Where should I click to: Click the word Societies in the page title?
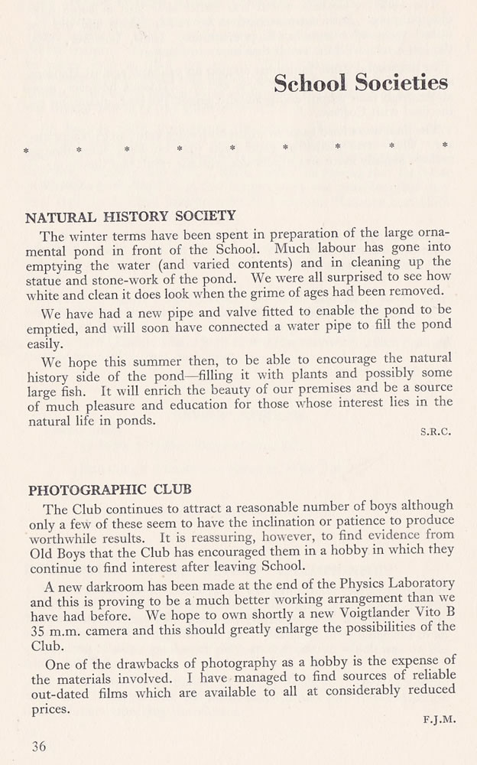tap(401, 83)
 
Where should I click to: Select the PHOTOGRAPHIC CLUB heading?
tap(109, 488)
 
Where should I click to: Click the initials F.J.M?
tap(437, 719)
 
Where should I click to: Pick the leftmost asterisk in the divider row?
tap(27, 150)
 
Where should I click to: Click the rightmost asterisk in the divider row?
tap(445, 145)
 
